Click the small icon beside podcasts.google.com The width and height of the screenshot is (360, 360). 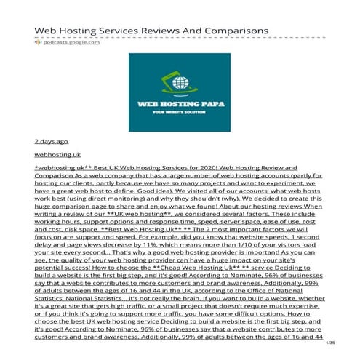(38, 42)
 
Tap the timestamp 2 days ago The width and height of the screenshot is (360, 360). (51, 141)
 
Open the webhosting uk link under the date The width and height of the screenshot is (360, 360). (57, 155)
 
